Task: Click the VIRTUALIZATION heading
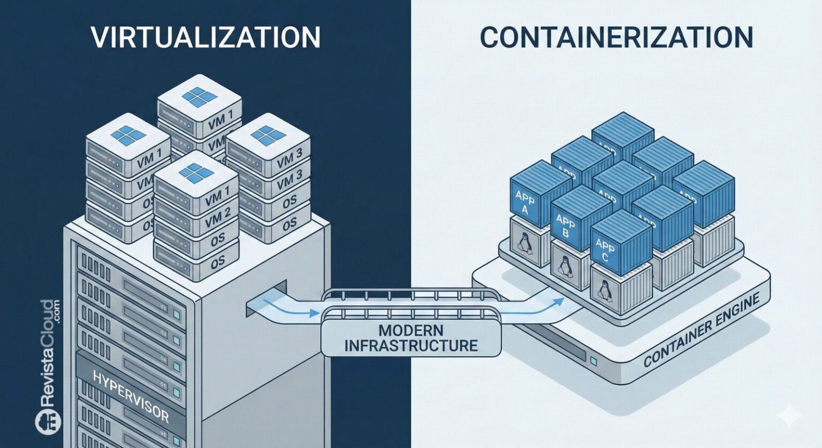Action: [x=205, y=37]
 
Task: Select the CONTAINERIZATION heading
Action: [x=616, y=37]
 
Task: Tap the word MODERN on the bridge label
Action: [x=410, y=329]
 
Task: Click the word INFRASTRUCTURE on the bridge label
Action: [x=410, y=345]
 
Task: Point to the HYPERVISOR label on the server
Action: [x=131, y=396]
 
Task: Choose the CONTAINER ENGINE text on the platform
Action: [x=702, y=331]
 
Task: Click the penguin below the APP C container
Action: [x=603, y=291]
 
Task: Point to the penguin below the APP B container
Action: [x=563, y=266]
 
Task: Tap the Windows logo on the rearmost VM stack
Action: [x=200, y=97]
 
